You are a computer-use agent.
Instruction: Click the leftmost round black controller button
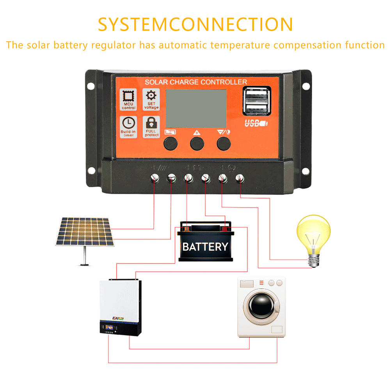pyautogui.click(x=170, y=143)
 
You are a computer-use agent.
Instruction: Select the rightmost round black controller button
pyautogui.click(x=224, y=143)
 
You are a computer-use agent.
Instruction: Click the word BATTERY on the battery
pyautogui.click(x=205, y=247)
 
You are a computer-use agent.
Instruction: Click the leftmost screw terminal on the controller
pyautogui.click(x=155, y=179)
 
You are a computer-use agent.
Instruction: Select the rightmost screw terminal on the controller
pyautogui.click(x=240, y=179)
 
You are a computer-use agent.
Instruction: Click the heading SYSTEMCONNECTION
pyautogui.click(x=195, y=24)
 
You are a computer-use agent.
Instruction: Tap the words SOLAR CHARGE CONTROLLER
pyautogui.click(x=196, y=82)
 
